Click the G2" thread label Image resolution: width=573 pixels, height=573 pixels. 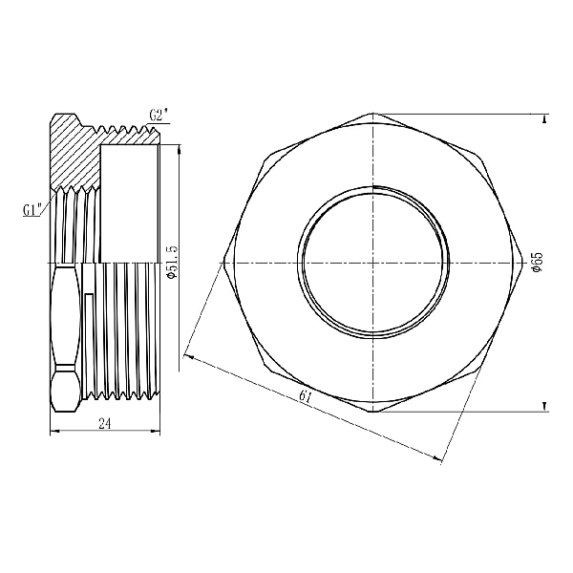(159, 115)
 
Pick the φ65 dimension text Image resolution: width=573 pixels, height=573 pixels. (538, 263)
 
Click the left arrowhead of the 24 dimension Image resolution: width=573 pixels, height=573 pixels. (52, 432)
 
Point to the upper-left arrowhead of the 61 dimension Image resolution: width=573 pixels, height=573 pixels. (187, 357)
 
